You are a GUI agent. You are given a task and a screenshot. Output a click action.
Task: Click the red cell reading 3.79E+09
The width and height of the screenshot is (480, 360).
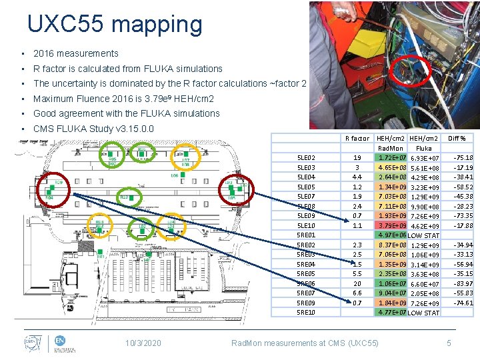pyautogui.click(x=391, y=226)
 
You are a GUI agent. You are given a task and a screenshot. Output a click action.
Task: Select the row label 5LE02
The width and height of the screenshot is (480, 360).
pyautogui.click(x=306, y=158)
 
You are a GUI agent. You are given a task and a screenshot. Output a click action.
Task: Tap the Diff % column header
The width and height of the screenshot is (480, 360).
pyautogui.click(x=457, y=139)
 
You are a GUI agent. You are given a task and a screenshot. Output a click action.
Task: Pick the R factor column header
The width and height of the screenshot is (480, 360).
pyautogui.click(x=357, y=139)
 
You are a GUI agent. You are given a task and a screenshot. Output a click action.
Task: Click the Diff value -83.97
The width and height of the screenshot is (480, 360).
pyautogui.click(x=463, y=284)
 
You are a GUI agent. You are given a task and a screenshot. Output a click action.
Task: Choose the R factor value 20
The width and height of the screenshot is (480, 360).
pyautogui.click(x=357, y=284)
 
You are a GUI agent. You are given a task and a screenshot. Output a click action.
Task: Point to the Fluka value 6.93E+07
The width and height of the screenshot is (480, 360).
pyautogui.click(x=424, y=158)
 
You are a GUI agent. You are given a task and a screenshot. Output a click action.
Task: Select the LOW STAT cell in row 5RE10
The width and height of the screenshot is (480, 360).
pyautogui.click(x=424, y=313)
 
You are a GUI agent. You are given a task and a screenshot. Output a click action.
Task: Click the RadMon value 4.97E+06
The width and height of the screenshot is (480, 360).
pyautogui.click(x=391, y=235)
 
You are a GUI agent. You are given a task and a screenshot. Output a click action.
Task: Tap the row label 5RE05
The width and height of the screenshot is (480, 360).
pyautogui.click(x=306, y=274)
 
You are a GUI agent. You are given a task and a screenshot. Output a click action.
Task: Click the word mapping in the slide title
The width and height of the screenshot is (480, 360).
pyautogui.click(x=157, y=25)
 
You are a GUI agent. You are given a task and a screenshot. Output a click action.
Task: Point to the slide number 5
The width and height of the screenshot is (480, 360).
pyautogui.click(x=449, y=343)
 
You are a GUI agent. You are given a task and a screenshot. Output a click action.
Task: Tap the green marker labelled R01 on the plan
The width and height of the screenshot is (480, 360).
pyautogui.click(x=101, y=255)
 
